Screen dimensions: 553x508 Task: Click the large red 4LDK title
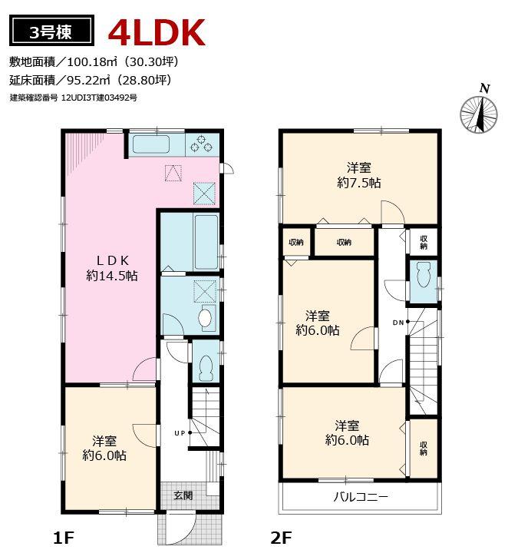click(157, 32)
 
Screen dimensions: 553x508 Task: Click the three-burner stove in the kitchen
click(203, 143)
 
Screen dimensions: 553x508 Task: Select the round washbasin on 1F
click(205, 317)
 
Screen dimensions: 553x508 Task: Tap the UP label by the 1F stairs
click(180, 433)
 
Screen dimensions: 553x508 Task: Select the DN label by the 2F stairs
click(398, 322)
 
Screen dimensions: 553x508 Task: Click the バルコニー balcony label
click(361, 496)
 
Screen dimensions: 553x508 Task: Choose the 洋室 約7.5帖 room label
click(358, 175)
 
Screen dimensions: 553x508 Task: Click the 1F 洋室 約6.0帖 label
click(105, 448)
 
